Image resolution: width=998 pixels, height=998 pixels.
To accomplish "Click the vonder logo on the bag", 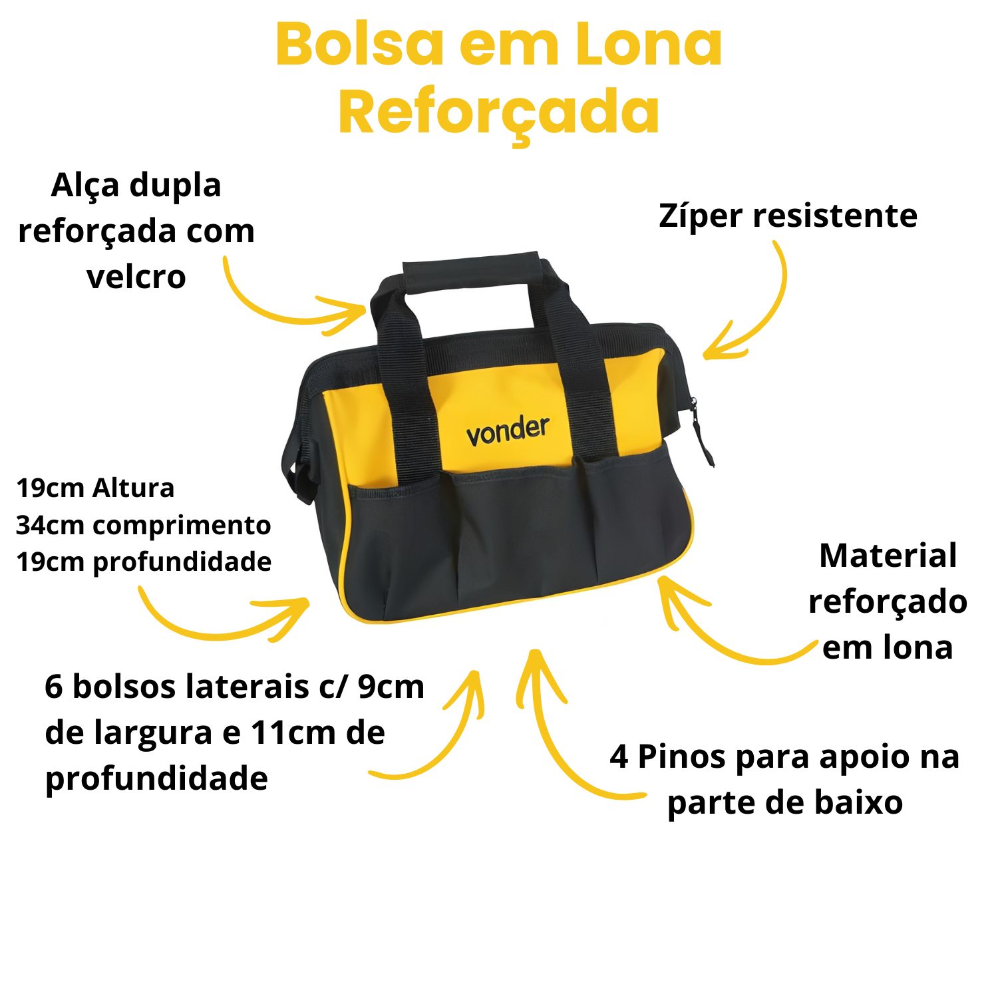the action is [508, 430].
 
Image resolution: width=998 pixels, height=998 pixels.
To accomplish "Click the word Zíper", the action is [701, 216].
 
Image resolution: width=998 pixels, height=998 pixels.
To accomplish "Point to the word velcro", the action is [136, 277].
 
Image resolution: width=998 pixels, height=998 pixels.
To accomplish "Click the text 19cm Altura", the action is [95, 488].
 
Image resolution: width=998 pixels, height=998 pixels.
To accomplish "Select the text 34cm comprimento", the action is [143, 525].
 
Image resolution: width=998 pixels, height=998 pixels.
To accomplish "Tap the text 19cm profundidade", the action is [144, 562].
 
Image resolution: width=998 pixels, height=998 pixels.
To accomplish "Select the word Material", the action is [888, 556].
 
